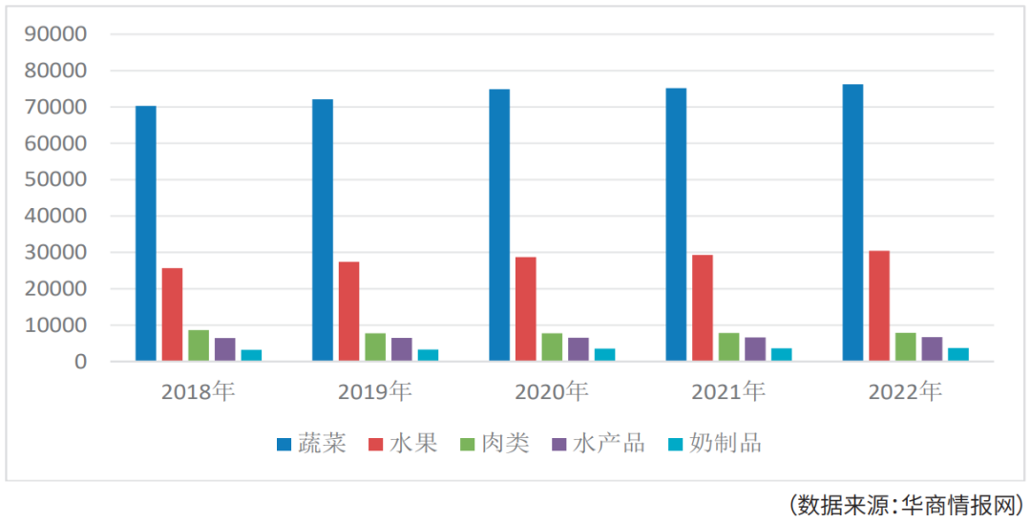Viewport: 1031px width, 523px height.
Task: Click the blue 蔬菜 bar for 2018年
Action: [146, 234]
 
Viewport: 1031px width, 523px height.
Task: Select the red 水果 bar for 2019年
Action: [348, 311]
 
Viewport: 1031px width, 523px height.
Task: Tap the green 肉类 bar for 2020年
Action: [552, 347]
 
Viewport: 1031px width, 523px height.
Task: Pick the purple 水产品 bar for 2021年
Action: [755, 349]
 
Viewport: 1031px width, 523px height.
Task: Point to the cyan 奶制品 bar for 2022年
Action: [957, 355]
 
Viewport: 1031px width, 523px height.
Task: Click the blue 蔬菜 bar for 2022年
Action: [852, 222]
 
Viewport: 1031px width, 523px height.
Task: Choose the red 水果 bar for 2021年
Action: [703, 308]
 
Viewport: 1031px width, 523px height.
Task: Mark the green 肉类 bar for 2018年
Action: [199, 345]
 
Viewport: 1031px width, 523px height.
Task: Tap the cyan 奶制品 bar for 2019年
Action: [428, 356]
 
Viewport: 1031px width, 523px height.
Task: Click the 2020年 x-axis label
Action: [552, 390]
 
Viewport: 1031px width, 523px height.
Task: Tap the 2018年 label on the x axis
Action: [199, 390]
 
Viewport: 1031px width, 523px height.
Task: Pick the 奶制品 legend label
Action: [726, 443]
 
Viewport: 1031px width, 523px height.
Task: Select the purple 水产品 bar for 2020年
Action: [579, 349]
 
